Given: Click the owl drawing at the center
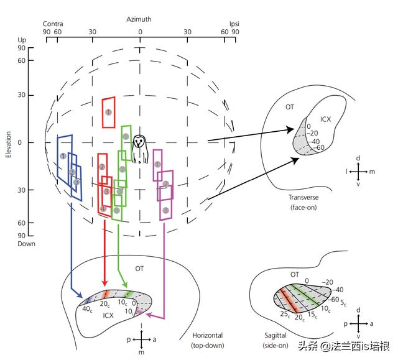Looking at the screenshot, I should point(141,149).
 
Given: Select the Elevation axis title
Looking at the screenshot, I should point(9,143).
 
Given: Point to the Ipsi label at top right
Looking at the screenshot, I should point(234,24).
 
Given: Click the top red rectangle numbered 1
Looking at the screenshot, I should point(109,112).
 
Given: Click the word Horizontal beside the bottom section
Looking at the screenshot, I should point(207,336).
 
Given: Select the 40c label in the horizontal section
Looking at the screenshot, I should point(88,310).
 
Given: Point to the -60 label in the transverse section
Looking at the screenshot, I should point(320,147).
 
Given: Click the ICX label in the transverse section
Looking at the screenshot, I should point(326,118).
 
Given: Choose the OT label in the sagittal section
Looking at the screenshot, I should point(295,274).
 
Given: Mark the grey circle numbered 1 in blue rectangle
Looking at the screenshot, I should point(63,155).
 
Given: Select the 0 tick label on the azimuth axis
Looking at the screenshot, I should point(140,32).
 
